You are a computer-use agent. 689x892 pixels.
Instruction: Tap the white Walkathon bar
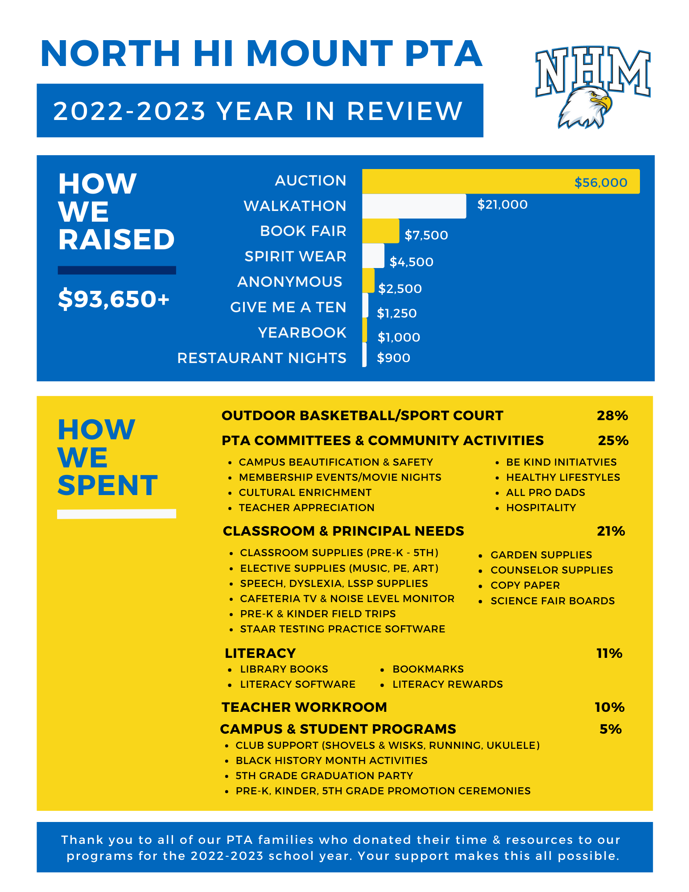(414, 206)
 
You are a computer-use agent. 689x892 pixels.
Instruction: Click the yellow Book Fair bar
(380, 231)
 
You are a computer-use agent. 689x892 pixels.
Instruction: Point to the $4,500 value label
(411, 262)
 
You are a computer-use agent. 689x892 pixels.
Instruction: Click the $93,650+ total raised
(114, 298)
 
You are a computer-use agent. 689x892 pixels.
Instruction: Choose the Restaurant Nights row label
(262, 358)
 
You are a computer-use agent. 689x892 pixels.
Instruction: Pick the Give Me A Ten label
(288, 307)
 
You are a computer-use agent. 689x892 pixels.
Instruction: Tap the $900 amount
(393, 358)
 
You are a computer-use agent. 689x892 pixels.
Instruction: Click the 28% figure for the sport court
(612, 416)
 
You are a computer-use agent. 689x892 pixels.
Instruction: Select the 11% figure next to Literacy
(609, 653)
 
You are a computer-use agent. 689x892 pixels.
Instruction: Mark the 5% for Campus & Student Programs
(611, 729)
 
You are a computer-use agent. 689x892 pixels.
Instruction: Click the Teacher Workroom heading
(304, 707)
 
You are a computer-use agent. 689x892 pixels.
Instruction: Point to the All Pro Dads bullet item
(545, 492)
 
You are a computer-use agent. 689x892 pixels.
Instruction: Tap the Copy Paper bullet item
(525, 585)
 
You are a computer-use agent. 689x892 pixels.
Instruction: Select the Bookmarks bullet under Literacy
(428, 669)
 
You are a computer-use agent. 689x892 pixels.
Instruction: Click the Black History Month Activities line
(331, 760)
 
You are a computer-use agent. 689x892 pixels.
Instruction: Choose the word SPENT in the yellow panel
(107, 485)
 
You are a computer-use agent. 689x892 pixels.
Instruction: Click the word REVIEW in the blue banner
(405, 111)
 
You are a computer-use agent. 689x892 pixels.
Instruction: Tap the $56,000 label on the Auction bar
(601, 182)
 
